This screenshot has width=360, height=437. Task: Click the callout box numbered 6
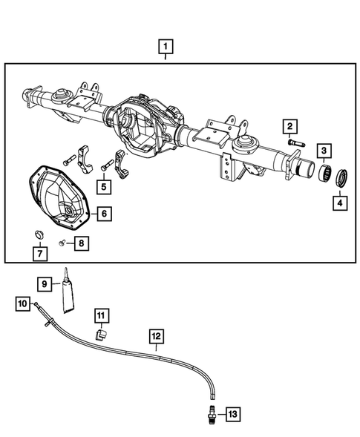[x=105, y=214]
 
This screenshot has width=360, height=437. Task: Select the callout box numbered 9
[x=45, y=283]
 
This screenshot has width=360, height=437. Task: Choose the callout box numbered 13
[x=233, y=413]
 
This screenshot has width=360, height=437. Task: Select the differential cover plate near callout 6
[x=59, y=196]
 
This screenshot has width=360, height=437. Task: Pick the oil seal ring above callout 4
[x=343, y=179]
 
